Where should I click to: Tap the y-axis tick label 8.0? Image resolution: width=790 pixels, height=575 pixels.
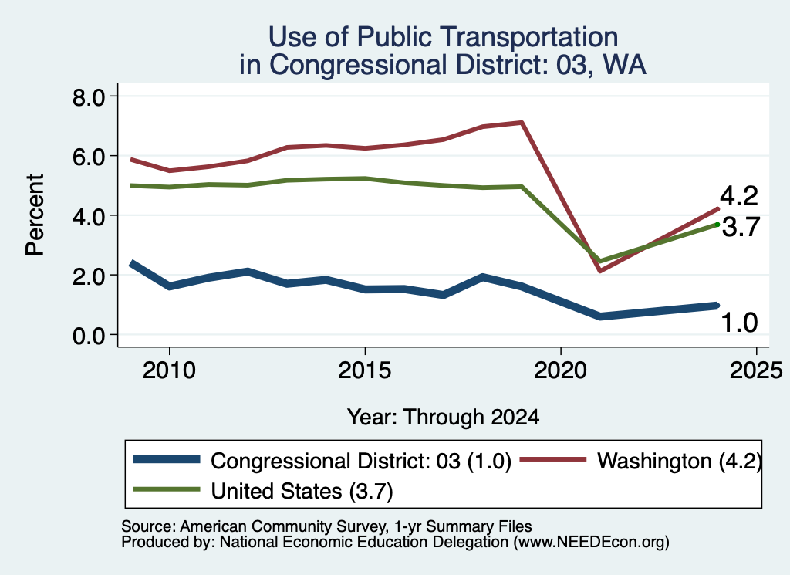pyautogui.click(x=88, y=96)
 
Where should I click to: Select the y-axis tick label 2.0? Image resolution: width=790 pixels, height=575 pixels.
pyautogui.click(x=88, y=276)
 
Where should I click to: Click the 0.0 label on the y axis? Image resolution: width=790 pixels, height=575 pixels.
pyautogui.click(x=88, y=335)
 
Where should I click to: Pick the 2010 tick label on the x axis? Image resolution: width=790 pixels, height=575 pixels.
pyautogui.click(x=169, y=370)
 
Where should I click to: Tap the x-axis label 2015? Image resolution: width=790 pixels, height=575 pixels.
pyautogui.click(x=365, y=370)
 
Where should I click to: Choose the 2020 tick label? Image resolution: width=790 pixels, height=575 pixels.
pyautogui.click(x=561, y=370)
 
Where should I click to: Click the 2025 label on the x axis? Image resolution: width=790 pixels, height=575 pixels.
pyautogui.click(x=756, y=370)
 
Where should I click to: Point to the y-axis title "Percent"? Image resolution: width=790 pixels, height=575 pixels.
pyautogui.click(x=35, y=215)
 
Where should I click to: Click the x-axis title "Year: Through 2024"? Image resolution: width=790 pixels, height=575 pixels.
pyautogui.click(x=444, y=418)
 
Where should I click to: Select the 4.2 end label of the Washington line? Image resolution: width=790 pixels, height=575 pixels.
pyautogui.click(x=739, y=196)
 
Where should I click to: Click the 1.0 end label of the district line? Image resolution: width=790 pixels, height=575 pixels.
pyautogui.click(x=740, y=323)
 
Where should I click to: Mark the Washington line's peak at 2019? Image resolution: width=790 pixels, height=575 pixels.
pyautogui.click(x=522, y=123)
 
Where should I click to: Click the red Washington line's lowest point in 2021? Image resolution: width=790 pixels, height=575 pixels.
pyautogui.click(x=600, y=271)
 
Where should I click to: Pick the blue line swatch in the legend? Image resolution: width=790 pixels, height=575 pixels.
pyautogui.click(x=167, y=459)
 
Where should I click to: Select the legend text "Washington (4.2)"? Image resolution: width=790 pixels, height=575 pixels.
pyautogui.click(x=680, y=461)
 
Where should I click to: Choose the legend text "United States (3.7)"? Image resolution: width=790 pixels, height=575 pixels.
pyautogui.click(x=302, y=491)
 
